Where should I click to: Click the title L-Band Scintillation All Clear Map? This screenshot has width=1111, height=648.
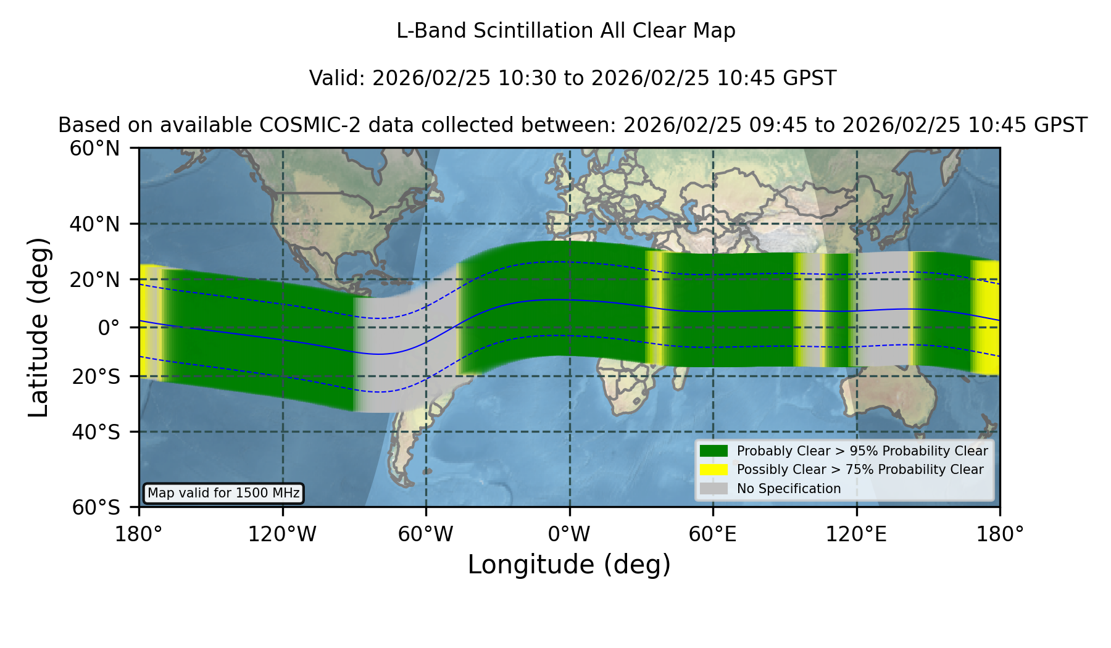click(x=566, y=31)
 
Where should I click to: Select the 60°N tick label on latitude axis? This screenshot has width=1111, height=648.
click(x=95, y=149)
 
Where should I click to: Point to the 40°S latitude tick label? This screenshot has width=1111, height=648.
click(x=96, y=432)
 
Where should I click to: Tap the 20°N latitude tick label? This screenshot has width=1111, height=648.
click(x=95, y=280)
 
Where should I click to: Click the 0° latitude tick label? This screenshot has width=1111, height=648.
click(x=109, y=328)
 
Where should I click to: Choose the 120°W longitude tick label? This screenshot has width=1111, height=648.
click(x=282, y=534)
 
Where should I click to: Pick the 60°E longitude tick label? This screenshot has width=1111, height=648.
click(x=713, y=534)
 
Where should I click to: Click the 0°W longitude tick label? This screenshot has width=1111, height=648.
click(x=569, y=534)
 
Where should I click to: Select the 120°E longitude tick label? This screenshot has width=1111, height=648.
click(x=856, y=534)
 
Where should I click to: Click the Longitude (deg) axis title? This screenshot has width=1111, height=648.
click(x=569, y=565)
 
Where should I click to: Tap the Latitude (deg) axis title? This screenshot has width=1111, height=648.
click(x=39, y=327)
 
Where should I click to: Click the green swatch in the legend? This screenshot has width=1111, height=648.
click(x=714, y=451)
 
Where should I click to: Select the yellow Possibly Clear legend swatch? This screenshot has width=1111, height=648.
click(x=714, y=470)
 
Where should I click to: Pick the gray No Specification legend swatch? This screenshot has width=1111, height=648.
click(x=714, y=489)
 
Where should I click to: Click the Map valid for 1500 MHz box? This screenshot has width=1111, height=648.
click(x=223, y=493)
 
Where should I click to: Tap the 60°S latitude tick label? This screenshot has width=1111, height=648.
click(x=96, y=507)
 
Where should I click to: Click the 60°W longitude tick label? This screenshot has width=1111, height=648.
click(x=426, y=534)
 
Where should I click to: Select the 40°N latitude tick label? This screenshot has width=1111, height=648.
click(x=95, y=224)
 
